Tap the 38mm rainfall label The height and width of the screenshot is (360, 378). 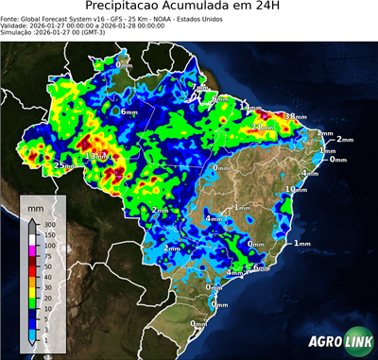[296, 116]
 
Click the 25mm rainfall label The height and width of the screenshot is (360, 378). [65, 165]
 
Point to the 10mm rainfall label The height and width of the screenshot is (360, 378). [297, 190]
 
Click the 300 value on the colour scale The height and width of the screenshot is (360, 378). [48, 225]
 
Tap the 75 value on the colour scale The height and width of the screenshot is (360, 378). [46, 255]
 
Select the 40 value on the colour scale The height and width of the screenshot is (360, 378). [46, 276]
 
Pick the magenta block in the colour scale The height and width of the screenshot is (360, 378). [31, 250]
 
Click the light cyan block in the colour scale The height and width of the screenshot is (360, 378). [31, 332]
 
